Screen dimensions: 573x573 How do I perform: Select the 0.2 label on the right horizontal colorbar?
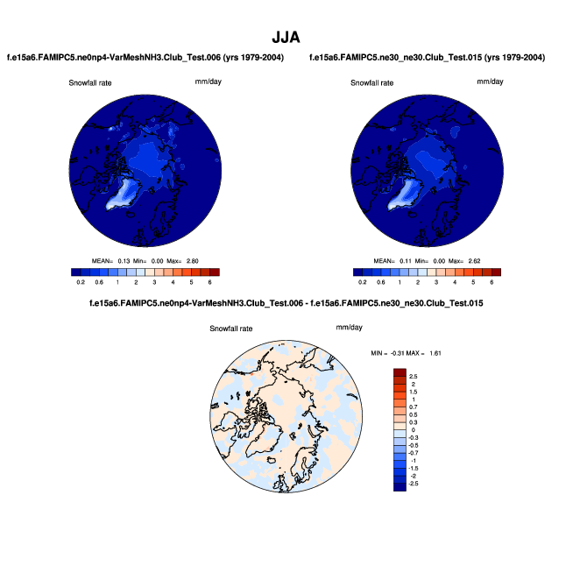pyautogui.click(x=363, y=282)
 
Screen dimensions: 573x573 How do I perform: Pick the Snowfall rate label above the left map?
pyautogui.click(x=90, y=83)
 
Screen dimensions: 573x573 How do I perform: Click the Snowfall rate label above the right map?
pyautogui.click(x=372, y=83)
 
